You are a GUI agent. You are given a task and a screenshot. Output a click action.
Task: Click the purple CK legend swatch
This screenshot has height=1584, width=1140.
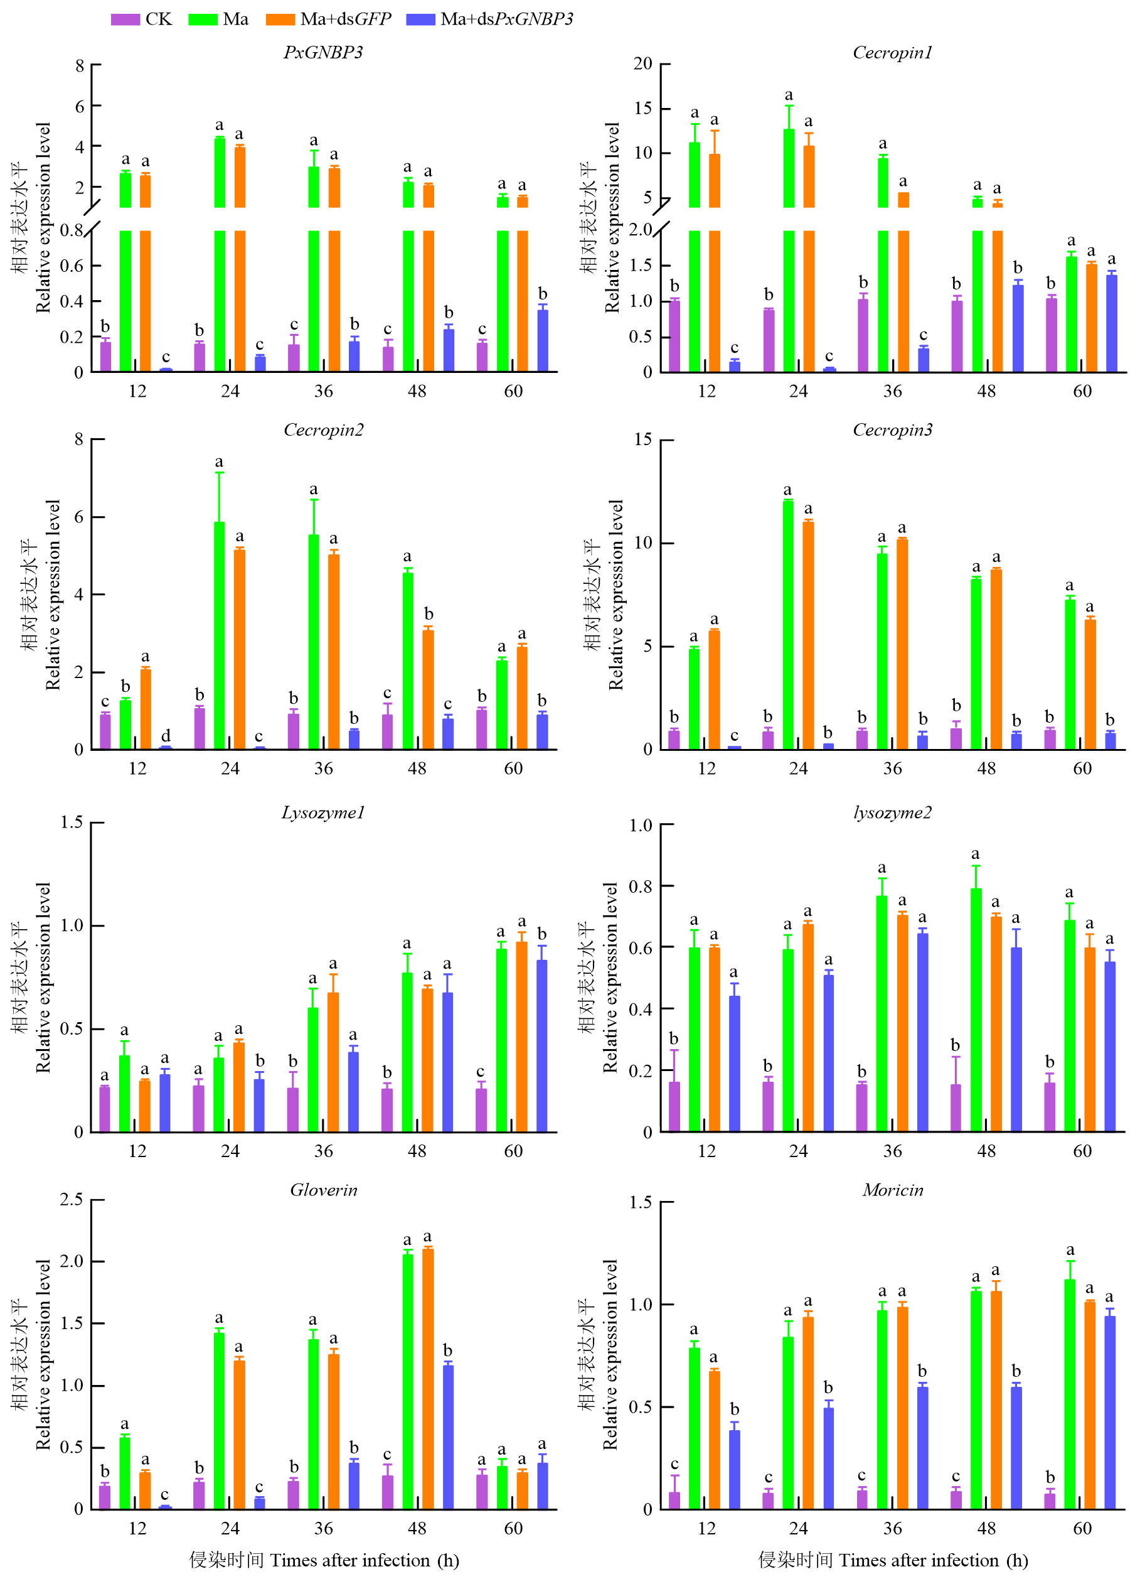coord(125,19)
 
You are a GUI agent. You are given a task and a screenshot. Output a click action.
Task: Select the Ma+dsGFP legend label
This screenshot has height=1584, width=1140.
coord(345,19)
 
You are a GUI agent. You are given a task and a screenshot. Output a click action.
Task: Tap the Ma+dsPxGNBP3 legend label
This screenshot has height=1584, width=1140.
coord(507,19)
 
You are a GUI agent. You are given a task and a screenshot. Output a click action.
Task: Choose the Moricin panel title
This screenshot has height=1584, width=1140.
coord(892,1190)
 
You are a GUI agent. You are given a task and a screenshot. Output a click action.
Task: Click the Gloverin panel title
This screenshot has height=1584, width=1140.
coord(323,1190)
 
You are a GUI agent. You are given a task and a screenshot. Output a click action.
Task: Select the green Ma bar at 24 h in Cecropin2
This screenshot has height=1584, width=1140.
coord(219,635)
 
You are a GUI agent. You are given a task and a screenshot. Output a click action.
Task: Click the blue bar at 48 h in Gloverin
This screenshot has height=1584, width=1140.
coord(448,1436)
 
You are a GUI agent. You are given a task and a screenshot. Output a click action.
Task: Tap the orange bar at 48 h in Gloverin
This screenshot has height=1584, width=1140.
coord(428,1379)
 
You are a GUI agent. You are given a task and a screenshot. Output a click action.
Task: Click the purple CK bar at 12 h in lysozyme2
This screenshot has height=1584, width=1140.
coord(674,1106)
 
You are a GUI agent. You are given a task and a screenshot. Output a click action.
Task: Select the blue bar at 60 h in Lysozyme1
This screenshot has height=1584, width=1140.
coord(541,1045)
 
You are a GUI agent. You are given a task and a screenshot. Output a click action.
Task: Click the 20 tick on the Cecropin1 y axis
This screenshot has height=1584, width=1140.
coord(643,64)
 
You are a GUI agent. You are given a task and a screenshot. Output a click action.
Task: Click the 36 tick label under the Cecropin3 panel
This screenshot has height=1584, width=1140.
coord(892,768)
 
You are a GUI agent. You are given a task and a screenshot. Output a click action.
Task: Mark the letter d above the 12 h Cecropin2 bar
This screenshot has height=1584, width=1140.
coord(166,736)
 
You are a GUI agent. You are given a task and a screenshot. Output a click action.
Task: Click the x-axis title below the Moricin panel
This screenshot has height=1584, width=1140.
coord(892,1560)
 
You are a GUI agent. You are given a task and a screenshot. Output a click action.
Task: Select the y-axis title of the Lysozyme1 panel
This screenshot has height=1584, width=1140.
coord(32,978)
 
